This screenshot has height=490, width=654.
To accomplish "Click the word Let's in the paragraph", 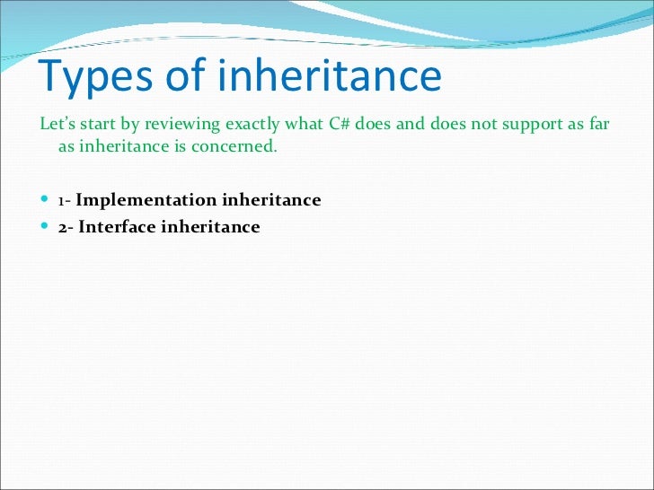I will tap(57, 124).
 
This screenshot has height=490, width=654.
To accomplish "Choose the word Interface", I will tap(117, 227).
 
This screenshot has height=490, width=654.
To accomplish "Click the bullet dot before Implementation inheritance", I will tap(47, 200).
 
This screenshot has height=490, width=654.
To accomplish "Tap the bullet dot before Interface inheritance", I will tap(47, 227).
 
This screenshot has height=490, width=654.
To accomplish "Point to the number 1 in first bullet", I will tap(61, 200).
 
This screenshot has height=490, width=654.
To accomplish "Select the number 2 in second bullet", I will tap(63, 227).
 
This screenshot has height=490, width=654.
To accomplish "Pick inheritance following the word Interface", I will tap(210, 227).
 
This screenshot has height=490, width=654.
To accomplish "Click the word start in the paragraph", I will tap(101, 124).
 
